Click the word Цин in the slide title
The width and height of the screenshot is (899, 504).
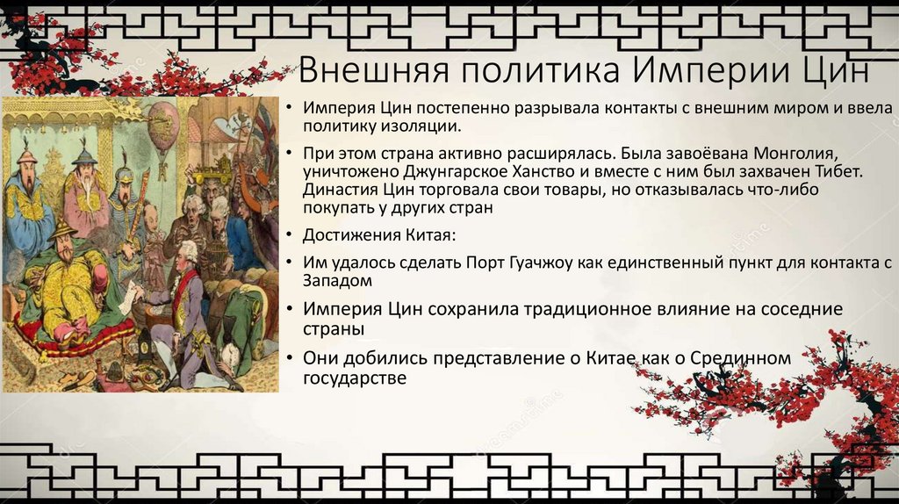(x=838, y=71)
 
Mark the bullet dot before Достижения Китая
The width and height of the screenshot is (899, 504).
(x=290, y=235)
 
